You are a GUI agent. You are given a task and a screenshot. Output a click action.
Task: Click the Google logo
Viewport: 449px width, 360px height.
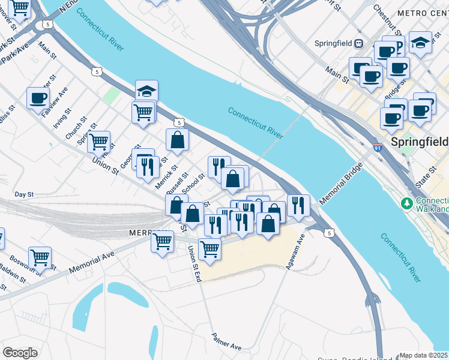click(x=20, y=353)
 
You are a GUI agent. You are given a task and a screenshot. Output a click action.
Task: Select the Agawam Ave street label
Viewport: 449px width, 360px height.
click(x=296, y=251)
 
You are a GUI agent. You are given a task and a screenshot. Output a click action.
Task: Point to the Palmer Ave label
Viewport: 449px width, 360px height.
click(x=226, y=343)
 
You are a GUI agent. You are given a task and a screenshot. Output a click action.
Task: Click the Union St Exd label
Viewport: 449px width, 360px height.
click(x=193, y=262)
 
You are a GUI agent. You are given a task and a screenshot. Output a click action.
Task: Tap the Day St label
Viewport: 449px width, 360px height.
click(x=24, y=194)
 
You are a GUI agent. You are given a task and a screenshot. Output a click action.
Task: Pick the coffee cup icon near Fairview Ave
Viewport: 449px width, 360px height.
click(x=37, y=98)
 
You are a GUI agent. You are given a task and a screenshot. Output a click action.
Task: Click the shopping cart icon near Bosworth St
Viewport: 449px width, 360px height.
click(x=40, y=257)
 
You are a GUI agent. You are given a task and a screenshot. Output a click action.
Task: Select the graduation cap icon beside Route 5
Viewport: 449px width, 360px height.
click(x=146, y=91)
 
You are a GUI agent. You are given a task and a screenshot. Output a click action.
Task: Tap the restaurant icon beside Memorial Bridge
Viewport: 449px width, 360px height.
click(x=298, y=205)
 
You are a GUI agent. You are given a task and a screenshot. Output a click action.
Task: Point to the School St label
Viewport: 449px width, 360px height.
click(x=193, y=184)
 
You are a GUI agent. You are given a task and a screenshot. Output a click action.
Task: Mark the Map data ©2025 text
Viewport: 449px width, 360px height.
click(x=423, y=355)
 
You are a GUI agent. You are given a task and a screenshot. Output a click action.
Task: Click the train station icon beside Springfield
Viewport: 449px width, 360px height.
click(x=359, y=43)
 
